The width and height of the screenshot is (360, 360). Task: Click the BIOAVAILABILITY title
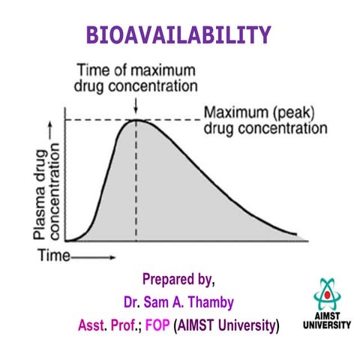coord(178,35)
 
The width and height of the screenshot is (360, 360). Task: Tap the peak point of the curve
coord(136,120)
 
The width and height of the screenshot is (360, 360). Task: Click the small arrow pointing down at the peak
coord(136,106)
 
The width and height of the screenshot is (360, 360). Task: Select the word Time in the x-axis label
coord(54,256)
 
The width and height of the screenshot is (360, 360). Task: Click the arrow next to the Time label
coord(93,257)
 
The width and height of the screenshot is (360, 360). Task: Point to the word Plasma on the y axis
coord(40,195)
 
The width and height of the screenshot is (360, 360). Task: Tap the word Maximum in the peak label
coord(236,112)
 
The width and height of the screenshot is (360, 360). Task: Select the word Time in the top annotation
coord(93,70)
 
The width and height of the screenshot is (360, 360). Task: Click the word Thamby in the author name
coord(211,302)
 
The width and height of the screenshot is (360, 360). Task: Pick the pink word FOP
coord(157,325)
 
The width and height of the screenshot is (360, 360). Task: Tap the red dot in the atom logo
coord(327,295)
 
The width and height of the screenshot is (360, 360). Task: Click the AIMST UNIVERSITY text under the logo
coord(327,320)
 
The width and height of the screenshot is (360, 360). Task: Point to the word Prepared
coord(168,279)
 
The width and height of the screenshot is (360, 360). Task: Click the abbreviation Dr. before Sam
coord(132,302)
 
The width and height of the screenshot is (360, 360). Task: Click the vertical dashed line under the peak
coord(136,181)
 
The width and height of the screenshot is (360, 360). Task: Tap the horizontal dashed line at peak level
coord(133,120)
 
